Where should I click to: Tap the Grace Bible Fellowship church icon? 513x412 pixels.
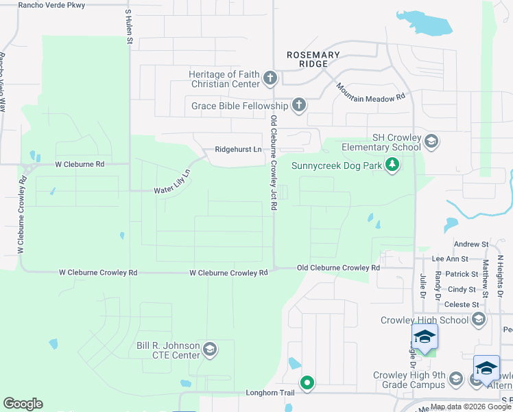coord(298,106)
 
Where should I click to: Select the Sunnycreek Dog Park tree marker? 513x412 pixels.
coord(392,165)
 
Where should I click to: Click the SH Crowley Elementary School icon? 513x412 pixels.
coord(431,142)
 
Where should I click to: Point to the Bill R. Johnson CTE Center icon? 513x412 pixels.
coord(210,350)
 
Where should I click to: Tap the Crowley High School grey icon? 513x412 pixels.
coord(479,320)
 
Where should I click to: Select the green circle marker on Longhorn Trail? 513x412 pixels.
coord(307,382)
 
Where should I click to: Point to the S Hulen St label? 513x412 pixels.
coord(128,27)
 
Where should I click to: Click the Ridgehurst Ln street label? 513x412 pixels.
coord(238,149)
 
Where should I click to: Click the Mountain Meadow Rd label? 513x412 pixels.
coord(370,93)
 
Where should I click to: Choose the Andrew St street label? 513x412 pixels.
coord(470,244)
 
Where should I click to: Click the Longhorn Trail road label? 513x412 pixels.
coord(270,393)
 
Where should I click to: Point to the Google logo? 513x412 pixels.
coord(23,404)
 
